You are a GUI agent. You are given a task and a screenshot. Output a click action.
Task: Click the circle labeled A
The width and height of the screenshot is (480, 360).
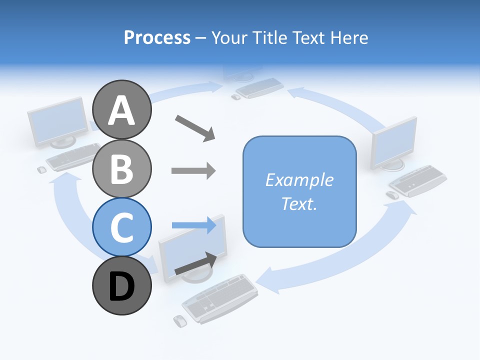point(121,110)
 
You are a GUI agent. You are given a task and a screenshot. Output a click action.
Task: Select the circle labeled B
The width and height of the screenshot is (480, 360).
point(121,168)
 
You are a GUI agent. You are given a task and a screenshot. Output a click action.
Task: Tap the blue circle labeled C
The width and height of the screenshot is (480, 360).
point(121,227)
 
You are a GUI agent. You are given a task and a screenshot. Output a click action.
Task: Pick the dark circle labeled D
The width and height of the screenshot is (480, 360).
point(121,286)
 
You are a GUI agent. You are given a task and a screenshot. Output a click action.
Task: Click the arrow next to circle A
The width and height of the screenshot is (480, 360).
point(194,128)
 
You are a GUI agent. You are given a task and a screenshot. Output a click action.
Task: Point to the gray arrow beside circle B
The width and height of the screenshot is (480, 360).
point(193,170)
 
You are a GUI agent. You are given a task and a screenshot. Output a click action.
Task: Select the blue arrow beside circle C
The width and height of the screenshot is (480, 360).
point(194,225)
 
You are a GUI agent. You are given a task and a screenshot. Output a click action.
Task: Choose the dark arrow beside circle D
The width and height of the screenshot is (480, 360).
point(195,264)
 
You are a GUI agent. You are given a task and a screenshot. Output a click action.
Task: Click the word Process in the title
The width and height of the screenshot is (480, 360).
point(157,37)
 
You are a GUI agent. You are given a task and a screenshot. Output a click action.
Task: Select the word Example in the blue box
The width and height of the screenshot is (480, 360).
point(299,180)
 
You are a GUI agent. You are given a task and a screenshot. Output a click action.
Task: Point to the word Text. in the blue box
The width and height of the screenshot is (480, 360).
point(299,203)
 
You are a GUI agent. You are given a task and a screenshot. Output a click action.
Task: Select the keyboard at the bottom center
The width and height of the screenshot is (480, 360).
point(220,298)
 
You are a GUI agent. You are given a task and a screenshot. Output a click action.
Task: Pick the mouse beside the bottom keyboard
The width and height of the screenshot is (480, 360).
point(179,320)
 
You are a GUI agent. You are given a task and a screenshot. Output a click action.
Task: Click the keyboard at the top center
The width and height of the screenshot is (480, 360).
point(259,87)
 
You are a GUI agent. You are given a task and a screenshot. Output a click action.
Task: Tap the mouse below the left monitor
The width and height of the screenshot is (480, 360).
point(42,169)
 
